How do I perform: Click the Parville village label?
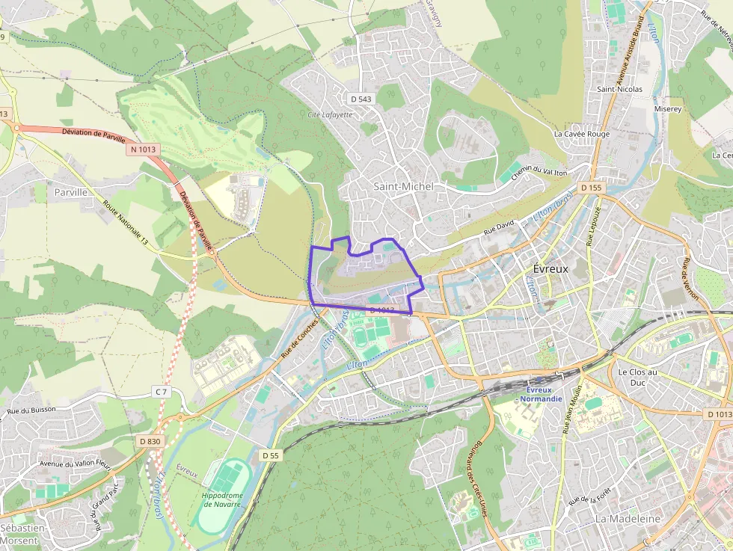pos(71,192)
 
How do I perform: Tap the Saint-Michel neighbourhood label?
pos(404,186)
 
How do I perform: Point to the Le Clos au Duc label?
pos(637,377)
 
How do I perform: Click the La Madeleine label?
pos(628,518)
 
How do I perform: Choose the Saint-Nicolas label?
pos(619,89)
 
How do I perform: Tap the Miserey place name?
pos(667,109)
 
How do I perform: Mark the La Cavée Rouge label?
pos(582,134)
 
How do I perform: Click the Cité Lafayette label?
pos(330,114)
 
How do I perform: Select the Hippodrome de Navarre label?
pos(221,499)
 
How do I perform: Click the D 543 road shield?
pos(361,99)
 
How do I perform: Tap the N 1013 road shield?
pos(143,150)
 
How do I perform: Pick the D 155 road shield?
pos(590,188)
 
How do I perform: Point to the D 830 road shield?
pos(150,442)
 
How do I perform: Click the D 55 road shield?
pos(270,455)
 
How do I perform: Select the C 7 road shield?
pos(162,392)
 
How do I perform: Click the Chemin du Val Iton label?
pos(534,173)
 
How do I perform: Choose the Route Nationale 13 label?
pos(125,223)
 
